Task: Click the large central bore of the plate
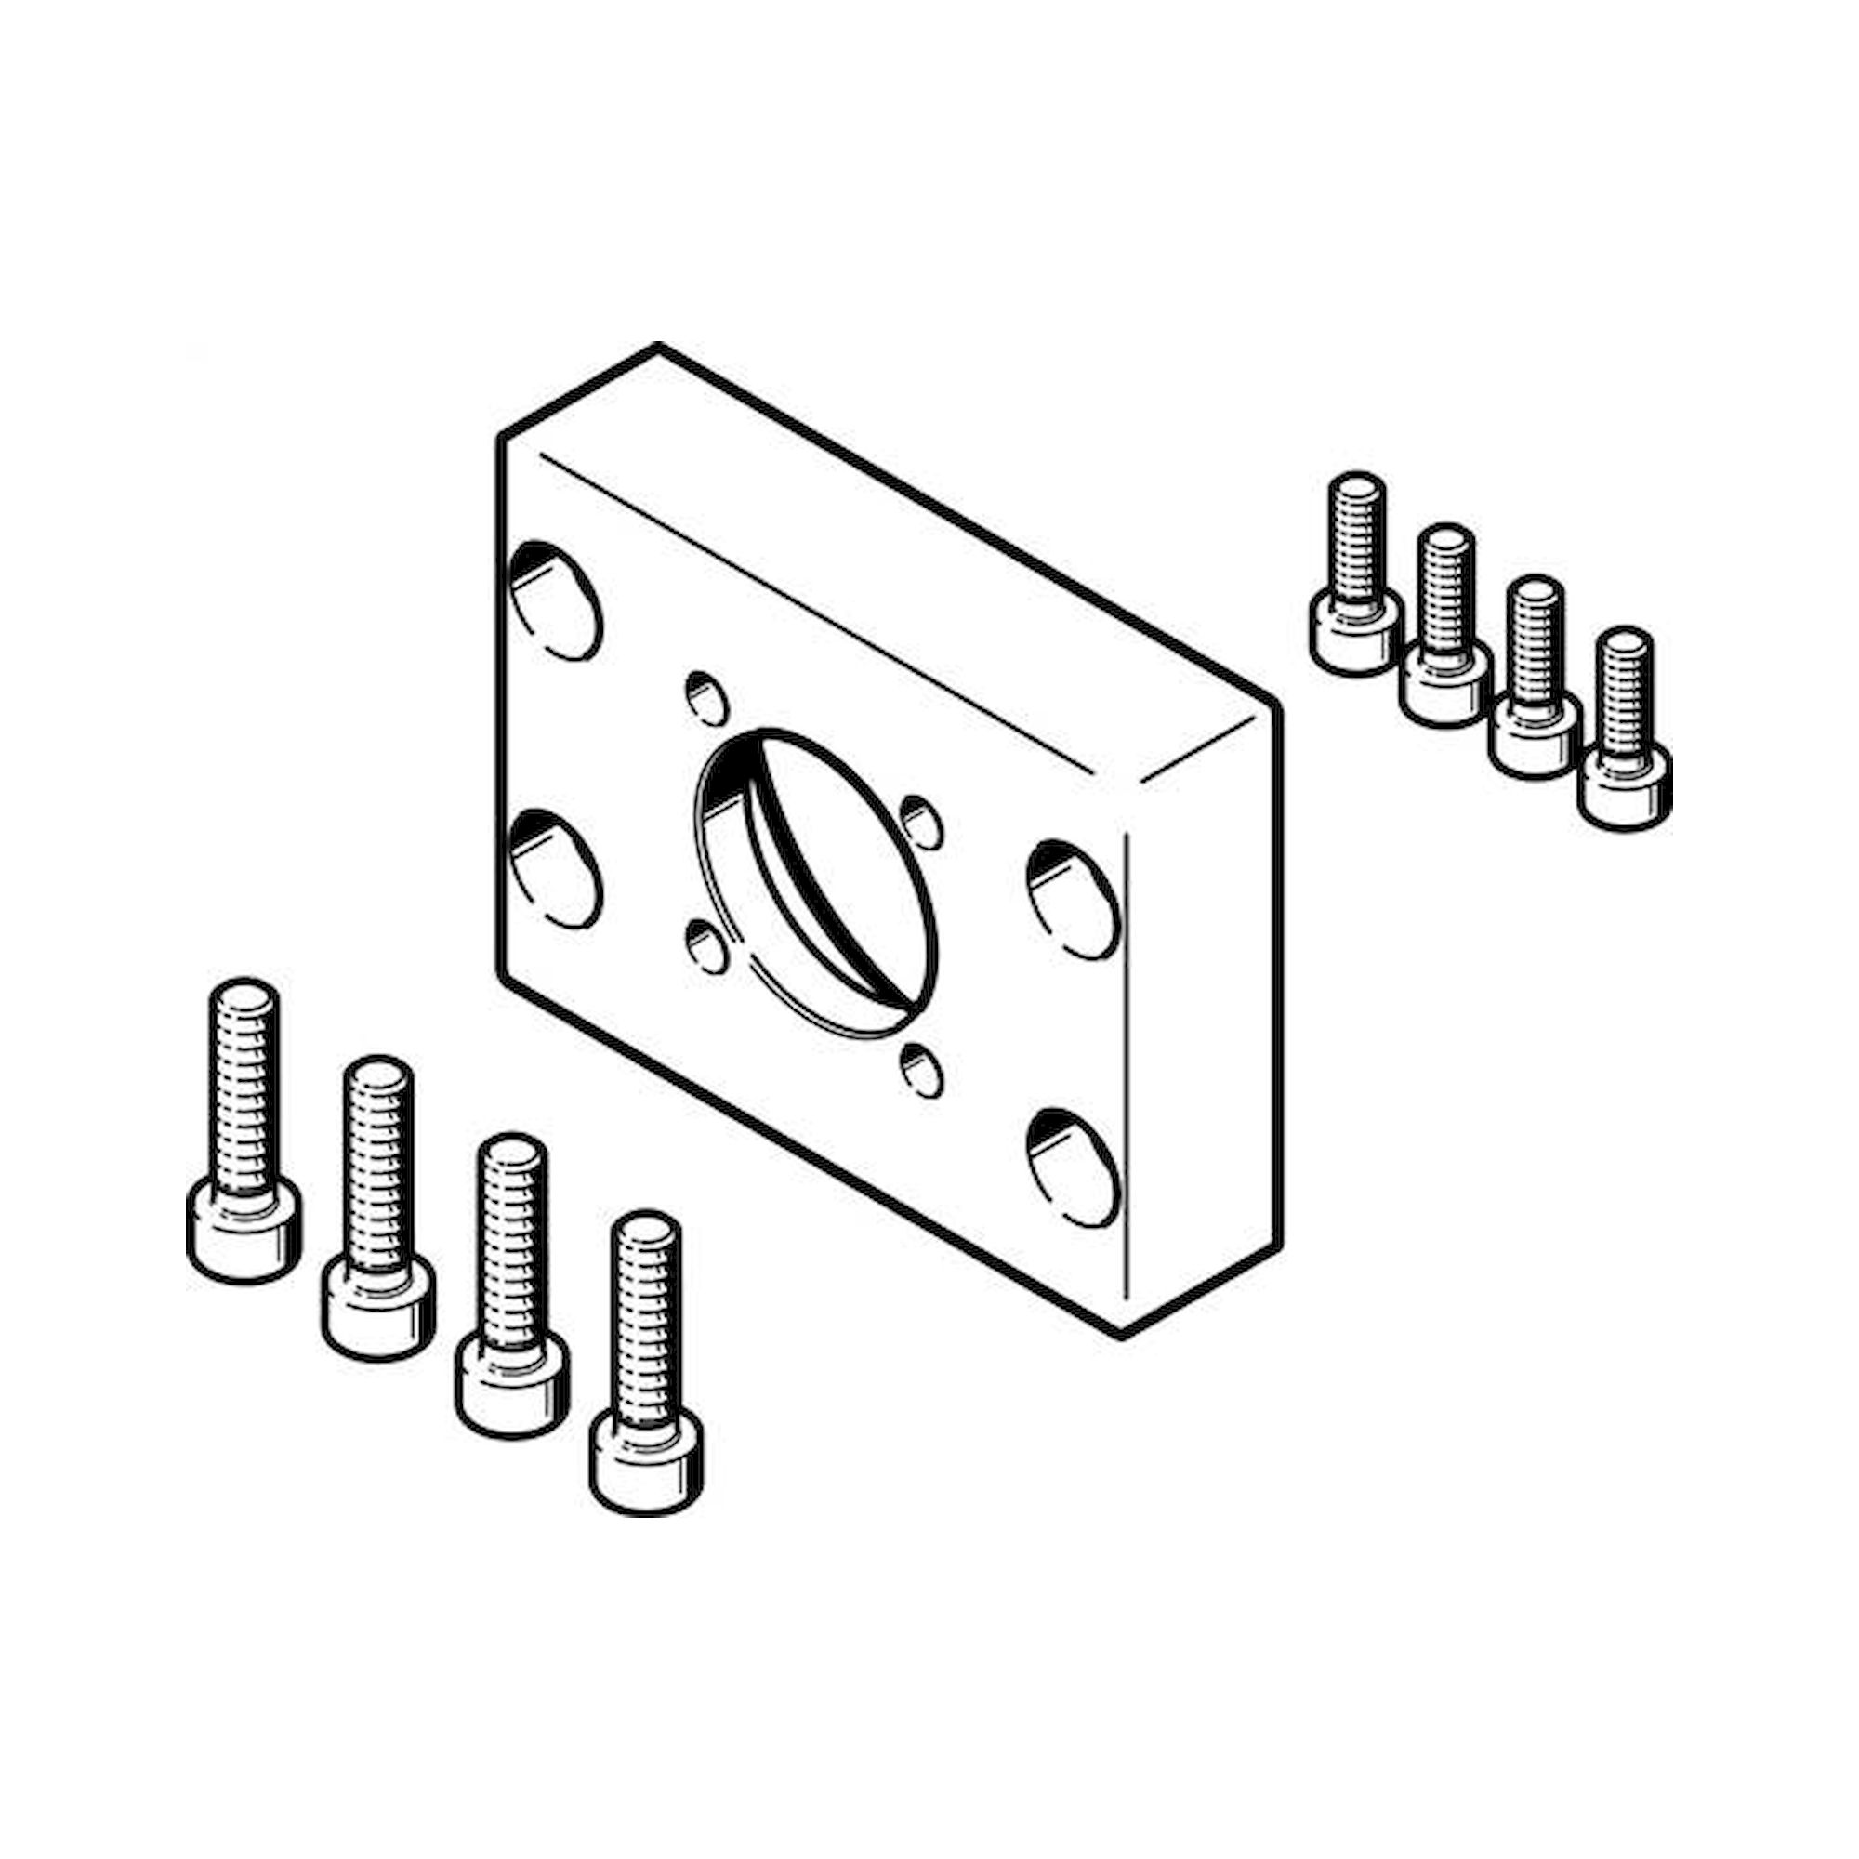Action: pos(815,881)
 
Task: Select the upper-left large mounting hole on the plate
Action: pos(554,601)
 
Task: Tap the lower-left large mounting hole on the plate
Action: pos(554,869)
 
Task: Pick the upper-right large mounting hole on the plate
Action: pos(1074,900)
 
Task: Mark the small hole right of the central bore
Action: pos(922,823)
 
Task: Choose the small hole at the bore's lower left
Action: pos(706,945)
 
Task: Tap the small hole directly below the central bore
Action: pos(922,1070)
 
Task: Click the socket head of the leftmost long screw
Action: pos(243,1230)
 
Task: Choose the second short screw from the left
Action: pos(1445,626)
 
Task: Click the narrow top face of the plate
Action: pos(885,539)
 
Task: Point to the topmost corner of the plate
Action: pos(657,347)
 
